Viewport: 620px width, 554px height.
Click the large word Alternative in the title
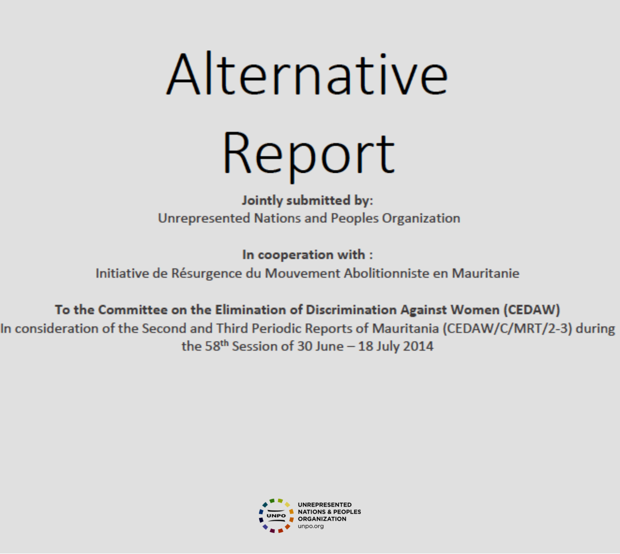coord(307,74)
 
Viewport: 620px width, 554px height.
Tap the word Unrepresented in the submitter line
coord(204,219)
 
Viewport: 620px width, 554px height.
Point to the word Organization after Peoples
coord(421,219)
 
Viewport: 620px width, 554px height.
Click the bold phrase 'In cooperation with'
coord(304,255)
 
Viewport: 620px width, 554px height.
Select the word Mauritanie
coord(485,273)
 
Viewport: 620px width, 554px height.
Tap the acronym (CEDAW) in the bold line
coord(532,310)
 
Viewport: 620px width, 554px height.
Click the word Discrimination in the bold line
coord(351,310)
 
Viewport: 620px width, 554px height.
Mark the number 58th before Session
coord(216,346)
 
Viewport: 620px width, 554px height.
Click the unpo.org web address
coord(311,527)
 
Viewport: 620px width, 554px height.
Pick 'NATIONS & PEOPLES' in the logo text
coord(329,512)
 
